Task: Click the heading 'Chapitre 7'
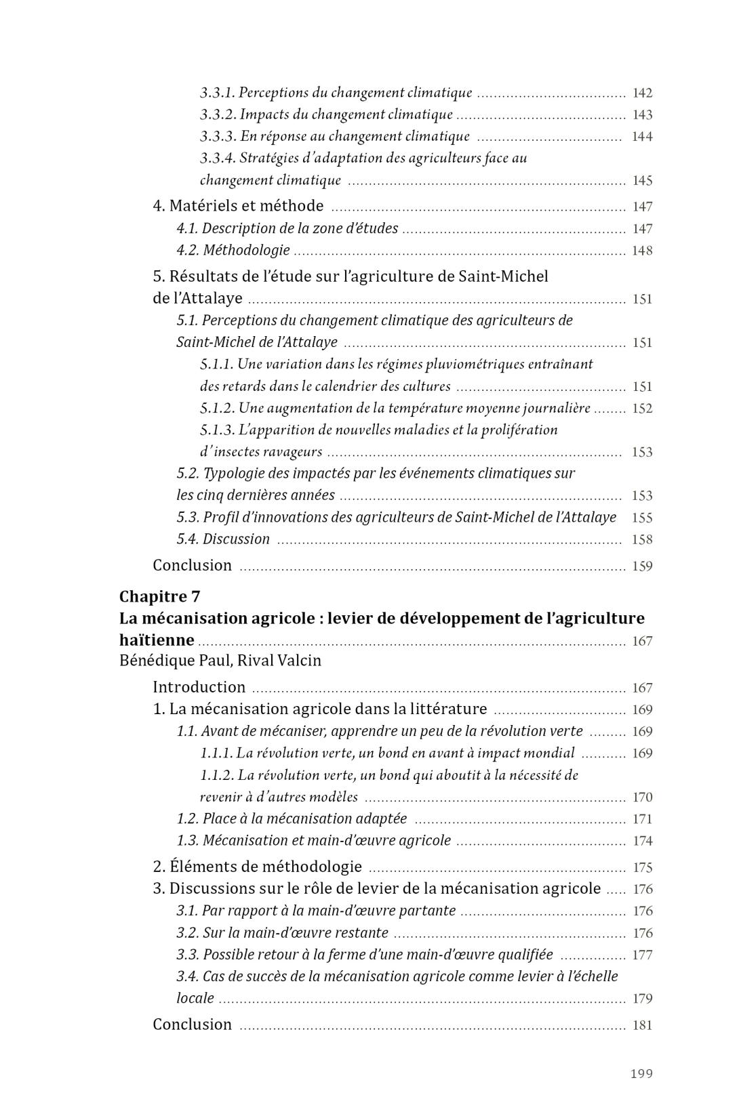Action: click(159, 596)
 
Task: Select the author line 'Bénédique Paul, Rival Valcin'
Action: click(220, 660)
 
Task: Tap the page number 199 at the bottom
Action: click(641, 1073)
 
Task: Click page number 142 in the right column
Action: click(642, 94)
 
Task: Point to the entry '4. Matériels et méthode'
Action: click(238, 206)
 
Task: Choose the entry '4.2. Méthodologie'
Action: click(233, 251)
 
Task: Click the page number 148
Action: click(642, 251)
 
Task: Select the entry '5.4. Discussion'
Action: click(223, 539)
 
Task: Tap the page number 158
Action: click(642, 540)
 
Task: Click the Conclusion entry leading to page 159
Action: click(192, 565)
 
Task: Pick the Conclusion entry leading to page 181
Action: click(192, 1024)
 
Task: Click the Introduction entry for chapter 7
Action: click(199, 687)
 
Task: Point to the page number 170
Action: click(642, 797)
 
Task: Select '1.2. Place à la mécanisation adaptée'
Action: click(292, 818)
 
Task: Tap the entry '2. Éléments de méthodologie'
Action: click(257, 867)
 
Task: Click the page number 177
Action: click(642, 955)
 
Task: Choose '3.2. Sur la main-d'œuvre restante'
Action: click(282, 933)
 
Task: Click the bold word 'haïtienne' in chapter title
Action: click(157, 640)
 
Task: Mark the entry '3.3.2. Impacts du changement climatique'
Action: click(326, 115)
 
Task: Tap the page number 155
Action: click(642, 518)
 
